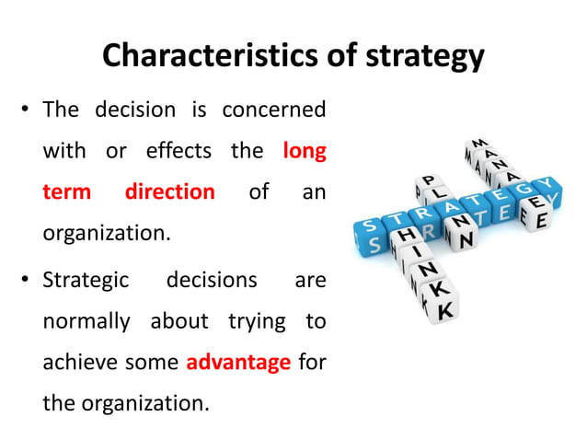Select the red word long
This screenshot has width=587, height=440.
coord(305,150)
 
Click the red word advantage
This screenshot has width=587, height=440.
coord(238,362)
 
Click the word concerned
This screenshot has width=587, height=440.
coord(273,110)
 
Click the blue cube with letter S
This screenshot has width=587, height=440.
coord(370,229)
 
